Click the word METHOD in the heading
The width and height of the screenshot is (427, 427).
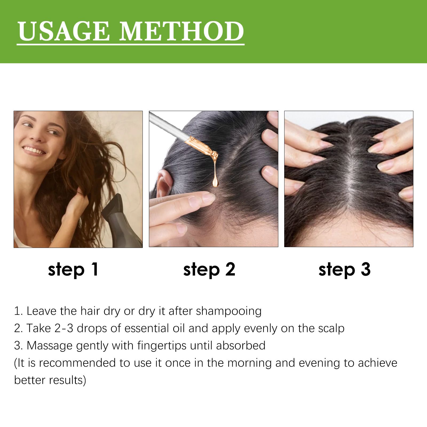click(x=181, y=31)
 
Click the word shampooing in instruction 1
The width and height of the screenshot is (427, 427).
click(x=229, y=311)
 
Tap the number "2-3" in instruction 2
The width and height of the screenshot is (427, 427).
click(x=64, y=328)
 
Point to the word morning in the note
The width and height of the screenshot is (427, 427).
click(x=249, y=363)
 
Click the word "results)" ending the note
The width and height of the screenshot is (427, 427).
click(x=68, y=380)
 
